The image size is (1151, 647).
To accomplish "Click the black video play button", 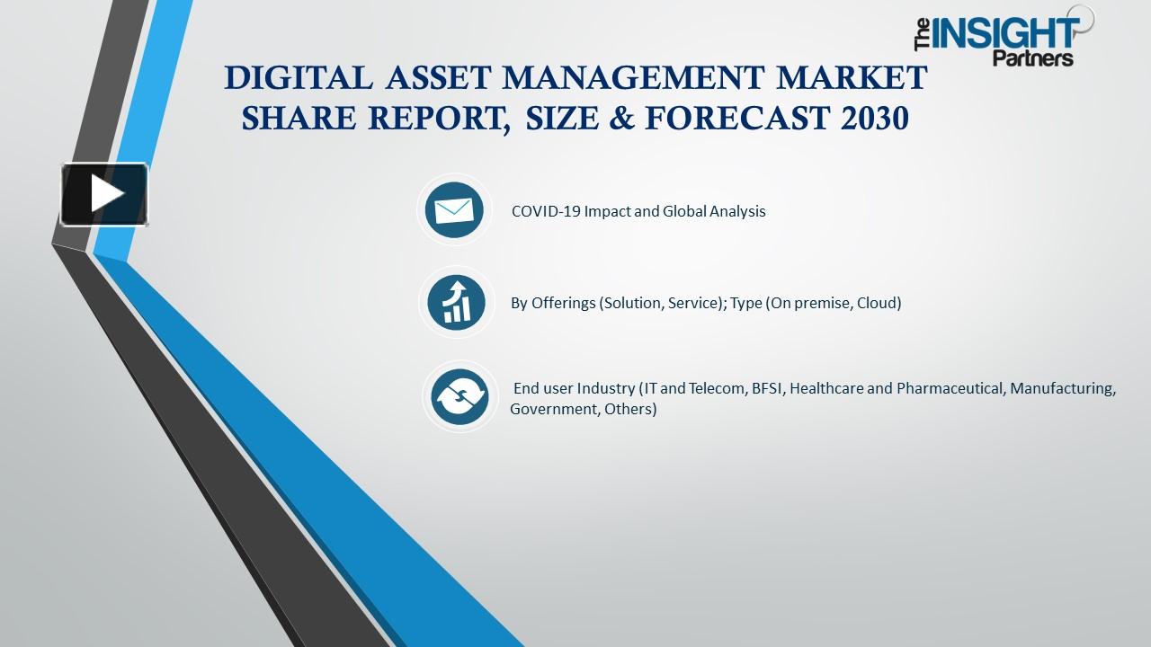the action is (104, 194).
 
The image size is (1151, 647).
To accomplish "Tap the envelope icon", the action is (454, 210).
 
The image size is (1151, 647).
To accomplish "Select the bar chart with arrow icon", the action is (456, 302).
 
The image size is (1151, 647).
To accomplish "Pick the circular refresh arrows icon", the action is (460, 397).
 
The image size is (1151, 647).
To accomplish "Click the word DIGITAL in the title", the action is (298, 77).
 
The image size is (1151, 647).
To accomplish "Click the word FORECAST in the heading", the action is (736, 118).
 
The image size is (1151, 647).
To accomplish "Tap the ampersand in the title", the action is (621, 118).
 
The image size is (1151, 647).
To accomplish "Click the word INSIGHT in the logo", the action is (1005, 34).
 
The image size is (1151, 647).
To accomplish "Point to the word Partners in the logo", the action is (1033, 58).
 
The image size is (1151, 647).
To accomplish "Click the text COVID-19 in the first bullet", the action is (546, 211).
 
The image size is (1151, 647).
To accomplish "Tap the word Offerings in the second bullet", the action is (563, 303).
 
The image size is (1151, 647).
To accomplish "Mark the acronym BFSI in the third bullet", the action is (768, 388).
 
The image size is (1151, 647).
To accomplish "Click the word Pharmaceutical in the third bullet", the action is (950, 388).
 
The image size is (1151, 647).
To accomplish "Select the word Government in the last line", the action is (555, 409).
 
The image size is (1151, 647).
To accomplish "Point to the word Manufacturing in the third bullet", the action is (1063, 389).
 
